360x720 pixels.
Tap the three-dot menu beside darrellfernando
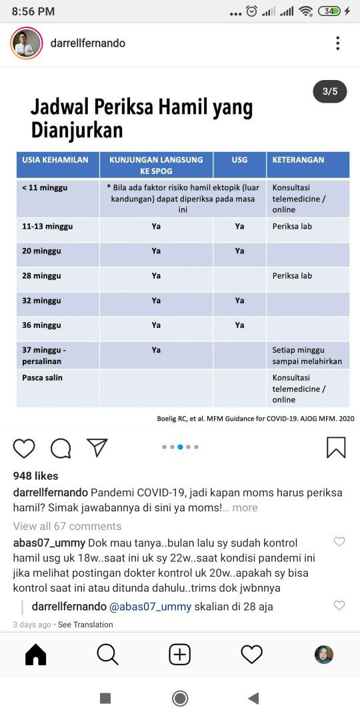pos(338,43)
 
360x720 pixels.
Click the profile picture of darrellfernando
pos(27,43)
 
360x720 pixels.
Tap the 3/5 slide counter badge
pos(330,91)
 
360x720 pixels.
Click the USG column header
pos(239,160)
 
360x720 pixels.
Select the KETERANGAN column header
pos(298,160)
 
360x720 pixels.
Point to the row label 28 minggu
pos(41,276)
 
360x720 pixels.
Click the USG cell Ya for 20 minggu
pos(239,251)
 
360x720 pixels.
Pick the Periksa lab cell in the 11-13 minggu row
pos(292,227)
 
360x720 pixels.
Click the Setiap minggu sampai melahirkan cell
pos(307,355)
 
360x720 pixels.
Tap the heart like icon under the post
pos(24,448)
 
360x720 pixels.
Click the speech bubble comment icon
pos(61,448)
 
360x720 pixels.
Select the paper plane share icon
pos(97,447)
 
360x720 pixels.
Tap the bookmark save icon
pos(336,447)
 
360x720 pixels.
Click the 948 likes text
pos(36,476)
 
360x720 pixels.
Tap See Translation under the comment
pos(85,625)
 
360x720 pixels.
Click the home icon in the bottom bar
pos(36,655)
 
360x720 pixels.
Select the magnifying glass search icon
pos(107,655)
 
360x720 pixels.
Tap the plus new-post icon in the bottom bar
pos(179,655)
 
